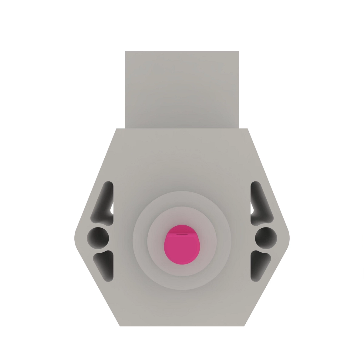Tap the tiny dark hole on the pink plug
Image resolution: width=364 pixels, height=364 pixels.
pos(182,234)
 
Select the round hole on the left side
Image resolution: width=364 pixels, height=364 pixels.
pos(98,236)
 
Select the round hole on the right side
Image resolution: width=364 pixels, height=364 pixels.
pos(266,236)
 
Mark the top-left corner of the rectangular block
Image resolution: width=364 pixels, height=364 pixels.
pos(125,51)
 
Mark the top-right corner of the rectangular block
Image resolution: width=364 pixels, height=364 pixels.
pos(239,51)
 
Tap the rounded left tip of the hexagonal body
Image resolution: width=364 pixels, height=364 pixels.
pos(75,238)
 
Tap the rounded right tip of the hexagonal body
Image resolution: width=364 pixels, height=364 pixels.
pos(289,238)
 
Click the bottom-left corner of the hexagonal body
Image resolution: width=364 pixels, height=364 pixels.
pos(120,326)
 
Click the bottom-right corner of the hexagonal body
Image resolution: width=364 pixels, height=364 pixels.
pos(244,326)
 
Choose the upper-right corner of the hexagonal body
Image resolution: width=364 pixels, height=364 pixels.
pos(248,129)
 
